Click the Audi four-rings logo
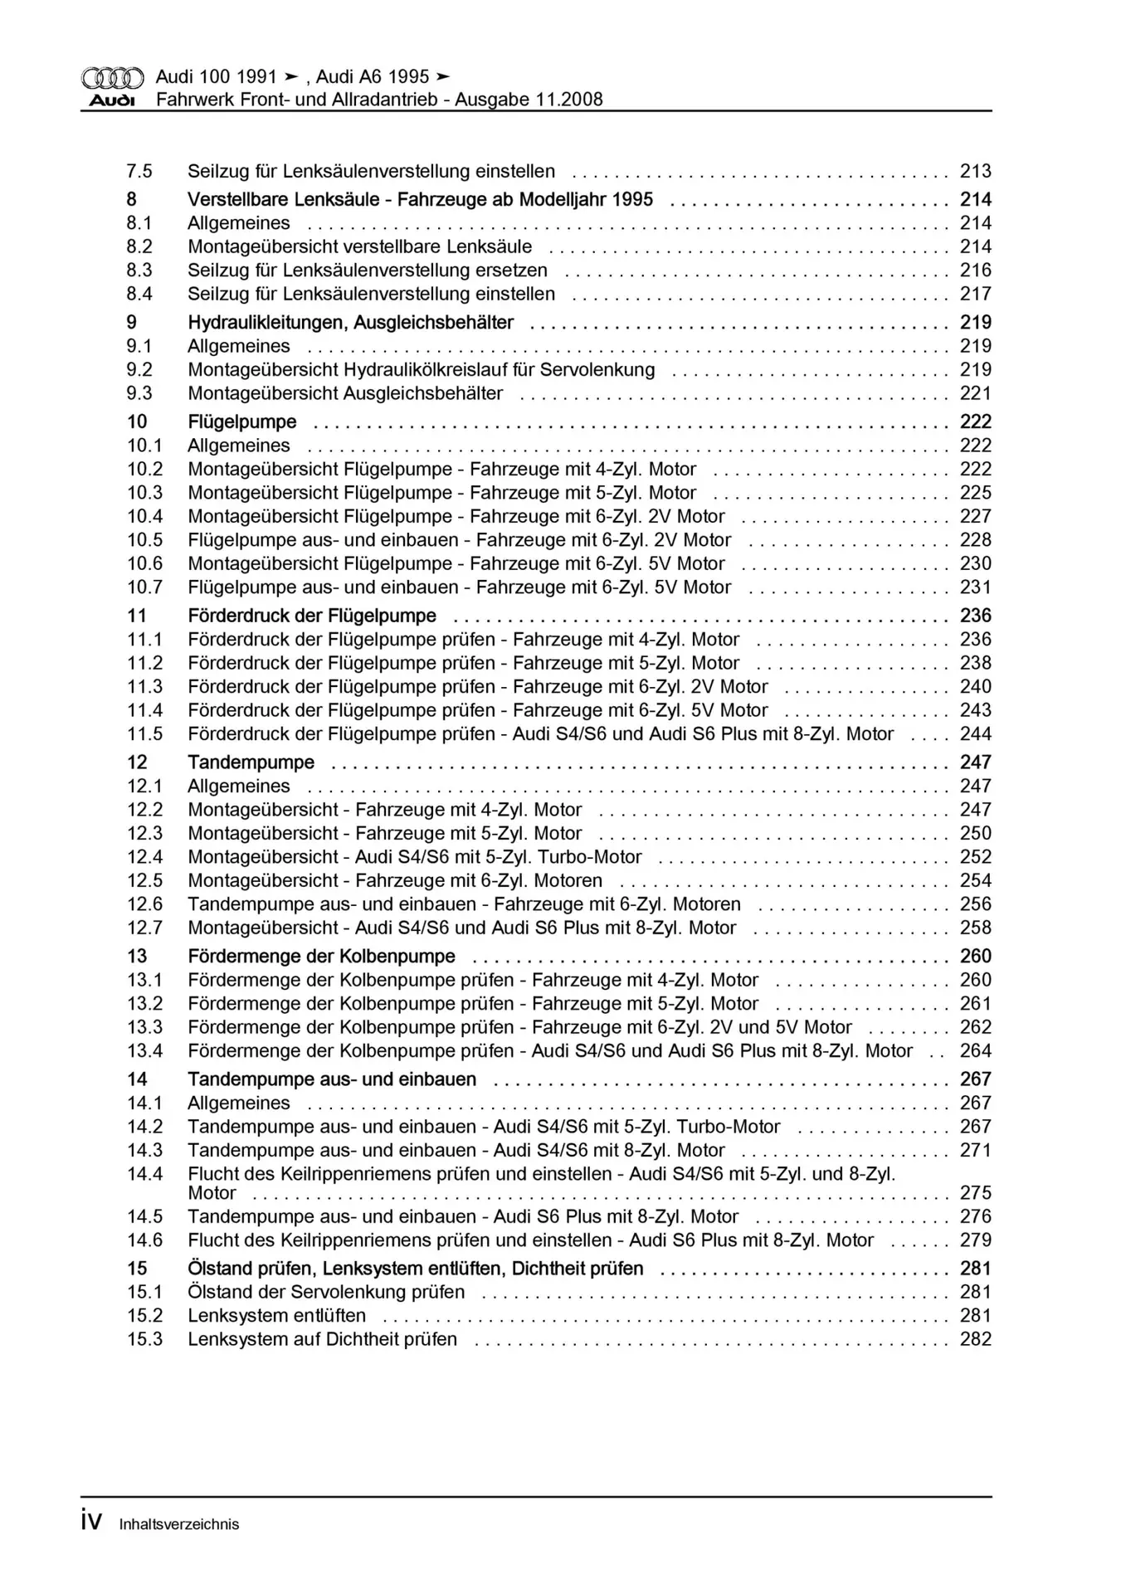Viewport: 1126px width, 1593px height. coord(113,78)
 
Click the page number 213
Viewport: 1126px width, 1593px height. coord(975,171)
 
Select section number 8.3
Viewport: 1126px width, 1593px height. coord(139,270)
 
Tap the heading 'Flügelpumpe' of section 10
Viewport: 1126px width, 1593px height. coord(241,422)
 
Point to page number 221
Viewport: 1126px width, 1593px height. coord(975,393)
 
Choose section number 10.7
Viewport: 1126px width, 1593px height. coord(144,587)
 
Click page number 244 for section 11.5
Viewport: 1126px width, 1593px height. coord(975,734)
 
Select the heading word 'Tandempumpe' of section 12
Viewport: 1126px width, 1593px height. coord(251,762)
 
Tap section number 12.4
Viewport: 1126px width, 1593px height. coord(144,857)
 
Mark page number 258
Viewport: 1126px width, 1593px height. coord(975,928)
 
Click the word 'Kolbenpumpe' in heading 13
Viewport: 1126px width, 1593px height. coord(406,957)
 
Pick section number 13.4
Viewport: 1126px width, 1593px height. coord(144,1051)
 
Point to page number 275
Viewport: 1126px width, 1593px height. coord(975,1193)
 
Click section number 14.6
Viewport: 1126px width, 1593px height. coord(144,1240)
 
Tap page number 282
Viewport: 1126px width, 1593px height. coord(975,1339)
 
